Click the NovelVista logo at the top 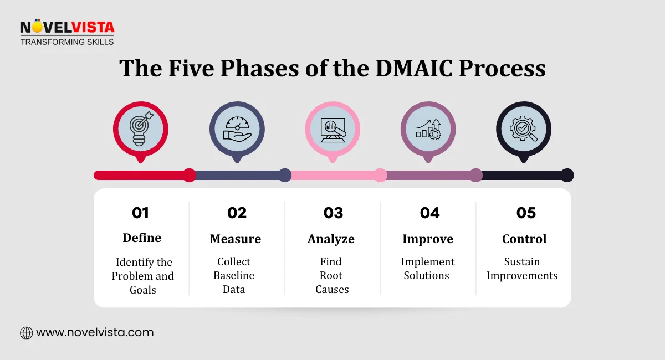pyautogui.click(x=67, y=32)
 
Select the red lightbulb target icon pyautogui.click(x=141, y=129)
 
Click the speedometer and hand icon pyautogui.click(x=237, y=129)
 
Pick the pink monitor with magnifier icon pyautogui.click(x=332, y=129)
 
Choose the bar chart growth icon pyautogui.click(x=428, y=129)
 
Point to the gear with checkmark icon pyautogui.click(x=523, y=129)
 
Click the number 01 pyautogui.click(x=141, y=213)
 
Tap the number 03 pyautogui.click(x=333, y=213)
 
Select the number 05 pyautogui.click(x=526, y=213)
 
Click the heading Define pyautogui.click(x=142, y=238)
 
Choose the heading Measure pyautogui.click(x=236, y=239)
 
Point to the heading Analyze pyautogui.click(x=331, y=239)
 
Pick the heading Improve pyautogui.click(x=428, y=239)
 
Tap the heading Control pyautogui.click(x=524, y=239)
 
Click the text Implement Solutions pyautogui.click(x=428, y=269)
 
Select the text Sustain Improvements pyautogui.click(x=522, y=269)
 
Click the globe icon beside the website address pyautogui.click(x=26, y=333)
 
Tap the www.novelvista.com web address pyautogui.click(x=95, y=333)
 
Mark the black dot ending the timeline pyautogui.click(x=566, y=175)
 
